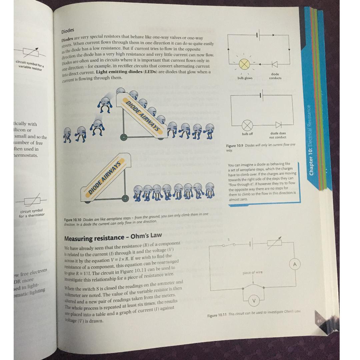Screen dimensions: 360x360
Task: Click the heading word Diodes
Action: click(x=68, y=31)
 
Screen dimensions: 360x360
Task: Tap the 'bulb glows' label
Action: click(x=245, y=78)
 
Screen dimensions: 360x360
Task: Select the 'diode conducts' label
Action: click(x=275, y=76)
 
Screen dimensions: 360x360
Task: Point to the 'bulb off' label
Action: click(x=247, y=134)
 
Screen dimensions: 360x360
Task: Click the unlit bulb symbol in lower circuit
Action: click(x=247, y=125)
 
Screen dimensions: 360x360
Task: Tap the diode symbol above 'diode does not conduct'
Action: click(x=278, y=125)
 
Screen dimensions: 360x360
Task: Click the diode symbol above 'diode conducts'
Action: click(x=275, y=64)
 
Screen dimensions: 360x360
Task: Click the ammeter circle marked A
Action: click(x=294, y=265)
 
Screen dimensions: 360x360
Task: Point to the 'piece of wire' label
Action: click(x=253, y=272)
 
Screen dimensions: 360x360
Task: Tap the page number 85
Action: click(x=319, y=321)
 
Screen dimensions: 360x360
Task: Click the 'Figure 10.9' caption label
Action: click(x=235, y=146)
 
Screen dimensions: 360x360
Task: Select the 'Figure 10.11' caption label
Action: click(x=217, y=315)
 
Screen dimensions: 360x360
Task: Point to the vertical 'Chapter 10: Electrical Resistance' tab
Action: click(x=310, y=140)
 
